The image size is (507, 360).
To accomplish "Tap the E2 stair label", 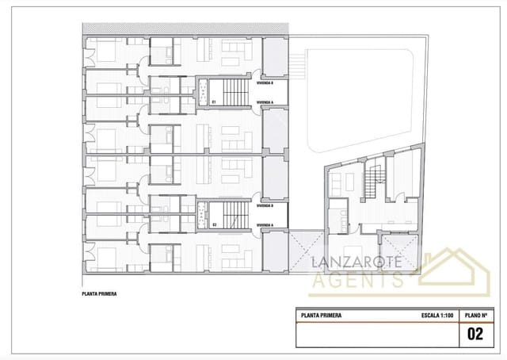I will [215, 225].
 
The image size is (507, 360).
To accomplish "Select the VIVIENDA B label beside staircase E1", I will [265, 82].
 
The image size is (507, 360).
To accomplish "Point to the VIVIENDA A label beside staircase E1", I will [265, 102].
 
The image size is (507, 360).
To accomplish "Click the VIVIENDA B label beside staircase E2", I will [265, 205].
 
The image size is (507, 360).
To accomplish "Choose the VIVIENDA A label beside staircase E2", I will [265, 225].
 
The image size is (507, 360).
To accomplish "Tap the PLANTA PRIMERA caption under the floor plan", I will [99, 293].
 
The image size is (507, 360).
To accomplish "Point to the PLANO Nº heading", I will [475, 315].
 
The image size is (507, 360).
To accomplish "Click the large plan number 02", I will [475, 334].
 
